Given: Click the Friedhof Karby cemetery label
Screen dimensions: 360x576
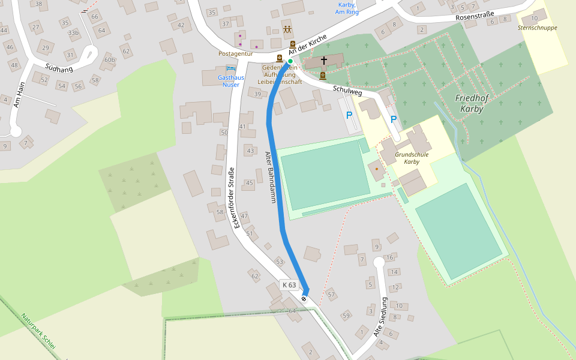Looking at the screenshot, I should pos(469,103).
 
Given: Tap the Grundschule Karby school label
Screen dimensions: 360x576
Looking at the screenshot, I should pos(411,158).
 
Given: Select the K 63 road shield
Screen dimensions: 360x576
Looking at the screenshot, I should pos(289,285).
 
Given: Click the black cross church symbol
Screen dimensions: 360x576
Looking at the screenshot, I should pos(325,61).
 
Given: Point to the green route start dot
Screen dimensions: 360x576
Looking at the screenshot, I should pos(290,61).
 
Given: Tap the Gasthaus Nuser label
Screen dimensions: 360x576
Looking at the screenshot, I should pos(229,81).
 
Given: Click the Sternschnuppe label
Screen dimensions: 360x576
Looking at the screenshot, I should pos(538,28).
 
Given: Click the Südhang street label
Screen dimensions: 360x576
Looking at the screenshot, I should pos(59,68).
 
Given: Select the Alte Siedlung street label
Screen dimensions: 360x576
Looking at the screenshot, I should pos(382,317).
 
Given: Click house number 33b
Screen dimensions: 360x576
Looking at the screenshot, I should pos(73,32).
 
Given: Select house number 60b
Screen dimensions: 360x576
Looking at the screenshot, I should pos(109,59).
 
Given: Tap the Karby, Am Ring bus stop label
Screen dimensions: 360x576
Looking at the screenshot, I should pos(347,8).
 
